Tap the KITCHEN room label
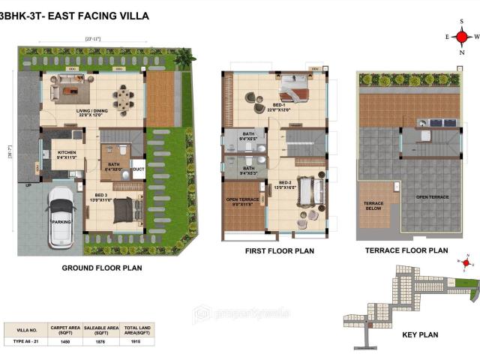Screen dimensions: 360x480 67,155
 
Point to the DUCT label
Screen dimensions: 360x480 138,169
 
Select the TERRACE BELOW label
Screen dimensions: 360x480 373,205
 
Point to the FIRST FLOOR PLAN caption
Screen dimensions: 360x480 279,251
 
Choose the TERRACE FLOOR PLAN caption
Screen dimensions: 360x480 406,250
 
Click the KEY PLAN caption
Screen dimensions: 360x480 420,334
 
